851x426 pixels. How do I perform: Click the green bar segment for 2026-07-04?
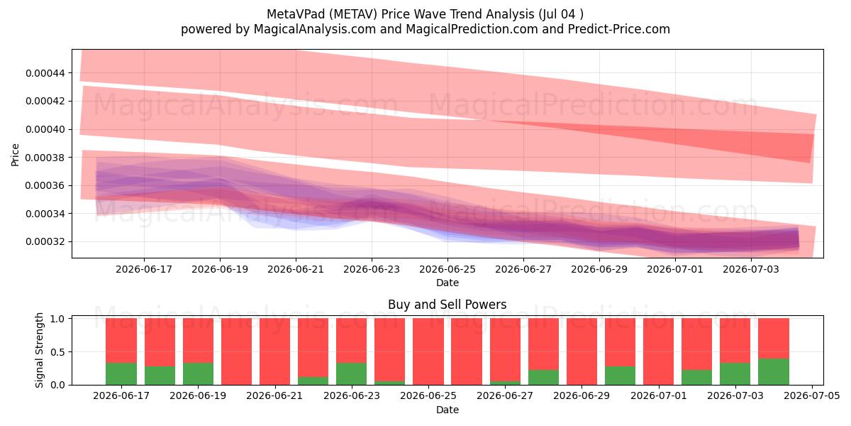pyautogui.click(x=774, y=371)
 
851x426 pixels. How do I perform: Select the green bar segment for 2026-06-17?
pyautogui.click(x=121, y=374)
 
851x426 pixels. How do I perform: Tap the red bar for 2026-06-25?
pyautogui.click(x=428, y=351)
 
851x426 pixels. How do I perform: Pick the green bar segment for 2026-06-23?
pyautogui.click(x=352, y=374)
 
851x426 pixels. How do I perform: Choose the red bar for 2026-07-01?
pyautogui.click(x=658, y=351)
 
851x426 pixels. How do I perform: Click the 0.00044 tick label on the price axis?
pyautogui.click(x=45, y=73)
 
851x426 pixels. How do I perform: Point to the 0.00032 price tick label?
pyautogui.click(x=45, y=242)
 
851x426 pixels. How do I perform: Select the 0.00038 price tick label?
pyautogui.click(x=45, y=158)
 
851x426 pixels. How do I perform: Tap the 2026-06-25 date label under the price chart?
pyautogui.click(x=447, y=269)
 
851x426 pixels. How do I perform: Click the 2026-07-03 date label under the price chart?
pyautogui.click(x=751, y=269)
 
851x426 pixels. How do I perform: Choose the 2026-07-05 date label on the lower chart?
pyautogui.click(x=812, y=396)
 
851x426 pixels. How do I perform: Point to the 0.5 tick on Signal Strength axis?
pyautogui.click(x=57, y=352)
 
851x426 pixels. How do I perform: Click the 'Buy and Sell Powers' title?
pyautogui.click(x=447, y=305)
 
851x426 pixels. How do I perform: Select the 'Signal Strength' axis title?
pyautogui.click(x=39, y=350)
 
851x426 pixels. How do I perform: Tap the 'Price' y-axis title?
pyautogui.click(x=15, y=155)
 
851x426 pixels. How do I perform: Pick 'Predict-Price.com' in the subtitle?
pyautogui.click(x=619, y=29)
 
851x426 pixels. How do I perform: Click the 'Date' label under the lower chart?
pyautogui.click(x=447, y=410)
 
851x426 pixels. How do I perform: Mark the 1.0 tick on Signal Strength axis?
pyautogui.click(x=57, y=319)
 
